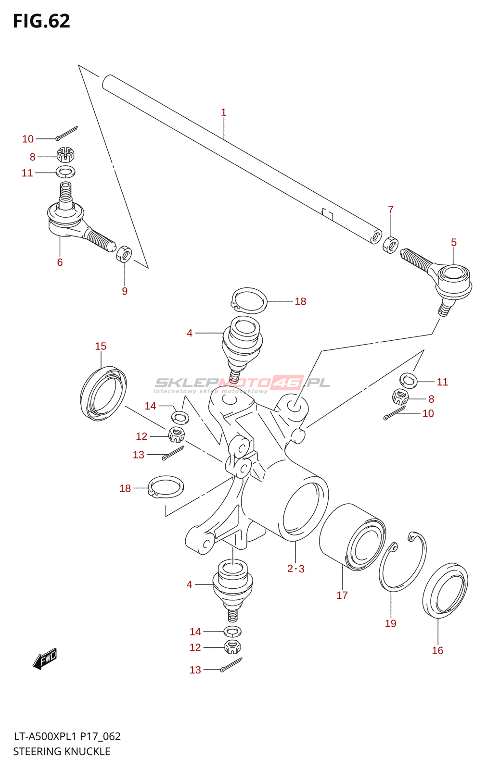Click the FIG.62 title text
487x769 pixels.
click(x=41, y=21)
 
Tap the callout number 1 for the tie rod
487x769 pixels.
click(x=223, y=112)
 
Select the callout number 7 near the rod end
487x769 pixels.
click(x=390, y=210)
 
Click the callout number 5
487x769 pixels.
click(x=454, y=242)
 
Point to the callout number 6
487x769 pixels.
click(x=60, y=262)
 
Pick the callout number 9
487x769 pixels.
click(x=125, y=291)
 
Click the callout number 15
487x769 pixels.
click(x=101, y=346)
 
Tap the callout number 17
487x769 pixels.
click(x=342, y=595)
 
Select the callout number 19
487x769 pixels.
click(x=390, y=623)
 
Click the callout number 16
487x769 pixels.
click(x=437, y=650)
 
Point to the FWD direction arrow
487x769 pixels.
click(x=45, y=659)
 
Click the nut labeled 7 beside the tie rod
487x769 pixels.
click(x=390, y=245)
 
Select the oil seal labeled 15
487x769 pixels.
click(x=103, y=393)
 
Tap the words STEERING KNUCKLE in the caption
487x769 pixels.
click(x=62, y=751)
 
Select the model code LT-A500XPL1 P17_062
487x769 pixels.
click(x=67, y=736)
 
